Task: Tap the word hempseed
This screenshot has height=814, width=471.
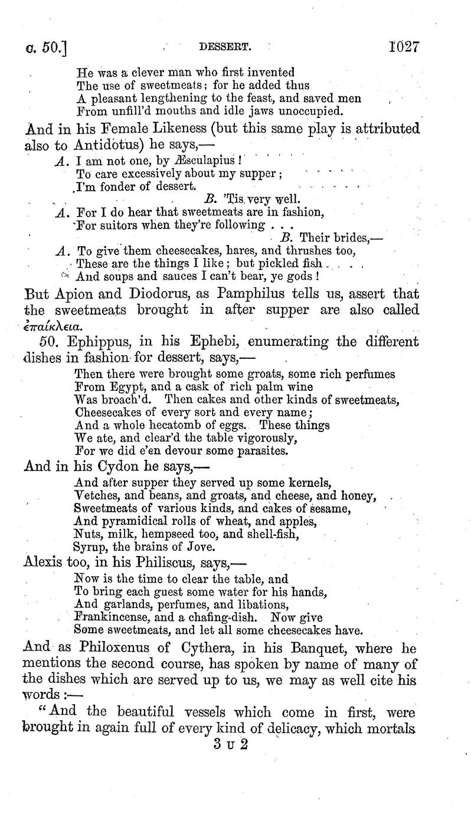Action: tap(178, 534)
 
